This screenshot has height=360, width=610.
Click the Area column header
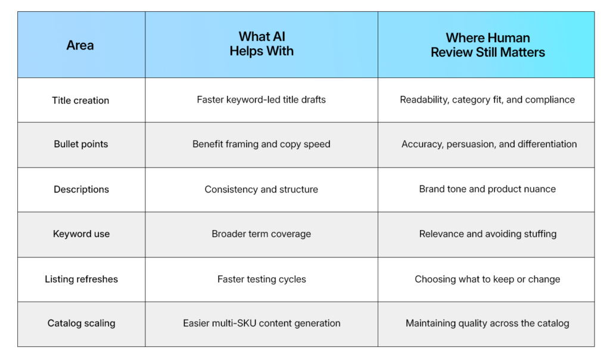pos(80,45)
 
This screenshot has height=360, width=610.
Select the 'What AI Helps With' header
pos(262,45)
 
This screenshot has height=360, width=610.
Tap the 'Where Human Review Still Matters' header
pos(487,45)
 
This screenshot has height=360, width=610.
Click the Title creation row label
pos(80,100)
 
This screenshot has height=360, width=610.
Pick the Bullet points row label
pos(80,144)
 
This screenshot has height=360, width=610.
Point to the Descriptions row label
pos(81,190)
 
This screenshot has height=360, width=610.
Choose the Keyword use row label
pos(81,234)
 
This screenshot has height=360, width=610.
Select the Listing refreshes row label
pos(81,279)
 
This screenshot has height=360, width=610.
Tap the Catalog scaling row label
pos(81,324)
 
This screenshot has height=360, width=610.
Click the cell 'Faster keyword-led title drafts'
pos(262,100)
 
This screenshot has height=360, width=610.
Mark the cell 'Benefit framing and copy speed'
pos(262,144)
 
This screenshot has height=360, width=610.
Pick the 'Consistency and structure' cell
pos(262,190)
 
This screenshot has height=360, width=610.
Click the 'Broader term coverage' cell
pos(262,234)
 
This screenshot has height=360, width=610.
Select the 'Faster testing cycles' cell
pos(262,279)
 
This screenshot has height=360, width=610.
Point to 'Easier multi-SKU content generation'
pos(262,324)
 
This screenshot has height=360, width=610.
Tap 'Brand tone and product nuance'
pos(487,189)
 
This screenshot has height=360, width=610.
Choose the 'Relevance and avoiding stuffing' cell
pos(487,234)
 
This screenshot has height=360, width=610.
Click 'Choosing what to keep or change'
pos(487,279)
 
